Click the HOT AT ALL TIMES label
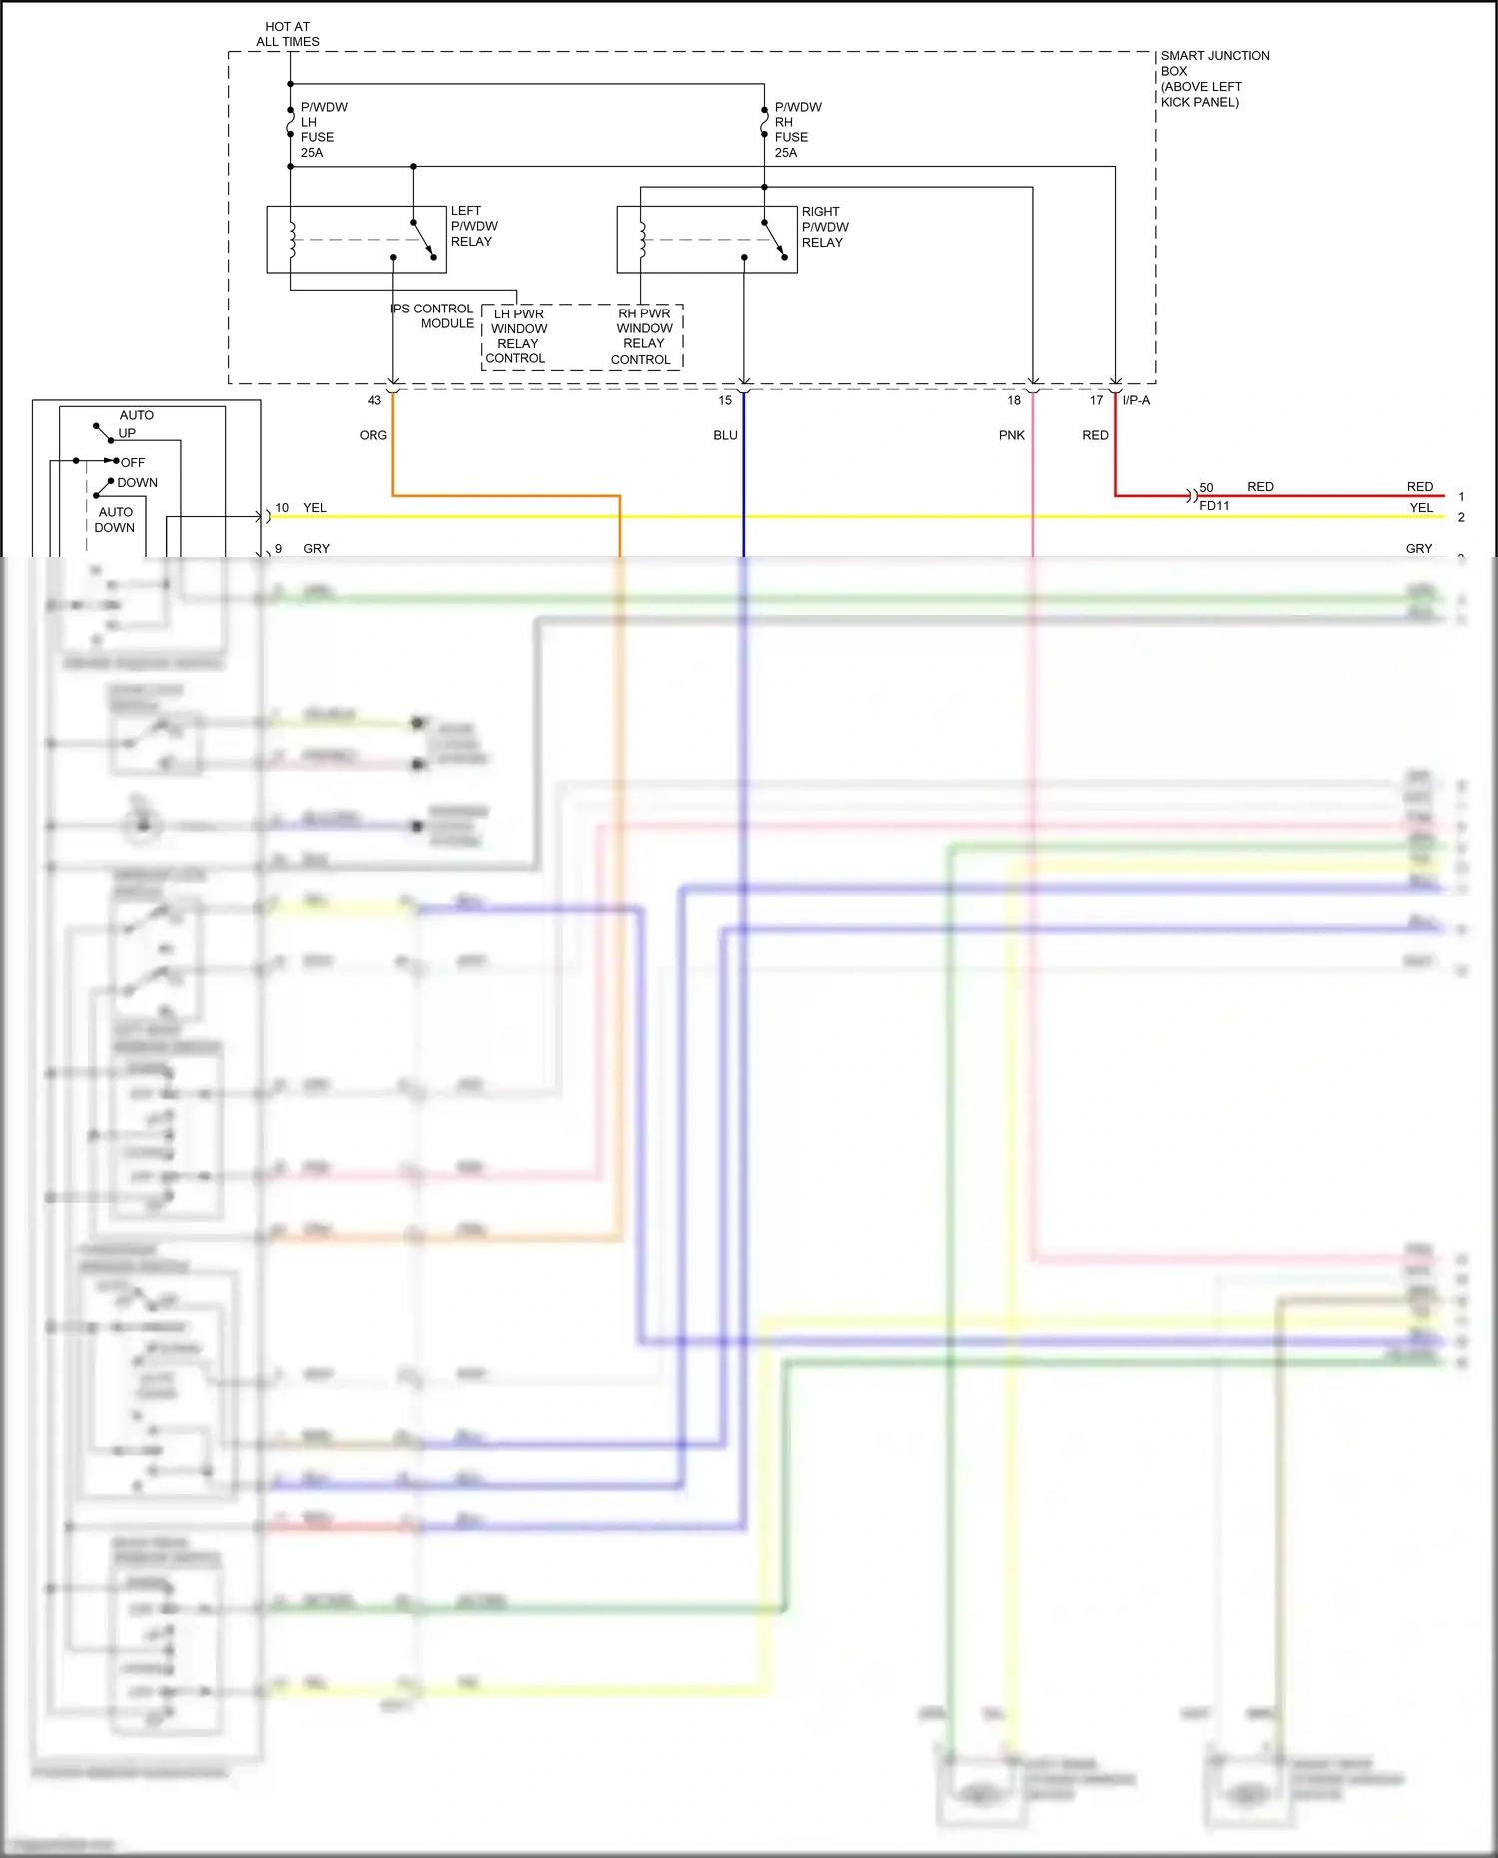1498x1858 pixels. [288, 34]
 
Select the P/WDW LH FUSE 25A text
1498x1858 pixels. [323, 130]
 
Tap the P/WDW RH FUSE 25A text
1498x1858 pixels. [797, 130]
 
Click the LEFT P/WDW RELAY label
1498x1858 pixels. [473, 226]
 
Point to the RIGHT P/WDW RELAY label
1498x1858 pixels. [824, 227]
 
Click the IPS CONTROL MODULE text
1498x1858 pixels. [433, 316]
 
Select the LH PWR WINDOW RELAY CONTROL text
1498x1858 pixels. [517, 336]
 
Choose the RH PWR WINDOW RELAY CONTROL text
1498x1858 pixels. [643, 336]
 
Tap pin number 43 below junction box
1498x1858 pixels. [374, 400]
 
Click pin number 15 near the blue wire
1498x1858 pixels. [725, 400]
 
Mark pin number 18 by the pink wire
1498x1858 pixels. [1014, 400]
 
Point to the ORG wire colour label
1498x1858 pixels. [374, 435]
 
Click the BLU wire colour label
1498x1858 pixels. [726, 435]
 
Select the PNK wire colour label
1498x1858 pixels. [1012, 435]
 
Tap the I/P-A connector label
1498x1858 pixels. [1136, 400]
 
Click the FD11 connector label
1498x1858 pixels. [1214, 506]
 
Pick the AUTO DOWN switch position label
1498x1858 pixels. [115, 520]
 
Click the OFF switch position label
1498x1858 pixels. [133, 463]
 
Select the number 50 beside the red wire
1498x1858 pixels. [1206, 488]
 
